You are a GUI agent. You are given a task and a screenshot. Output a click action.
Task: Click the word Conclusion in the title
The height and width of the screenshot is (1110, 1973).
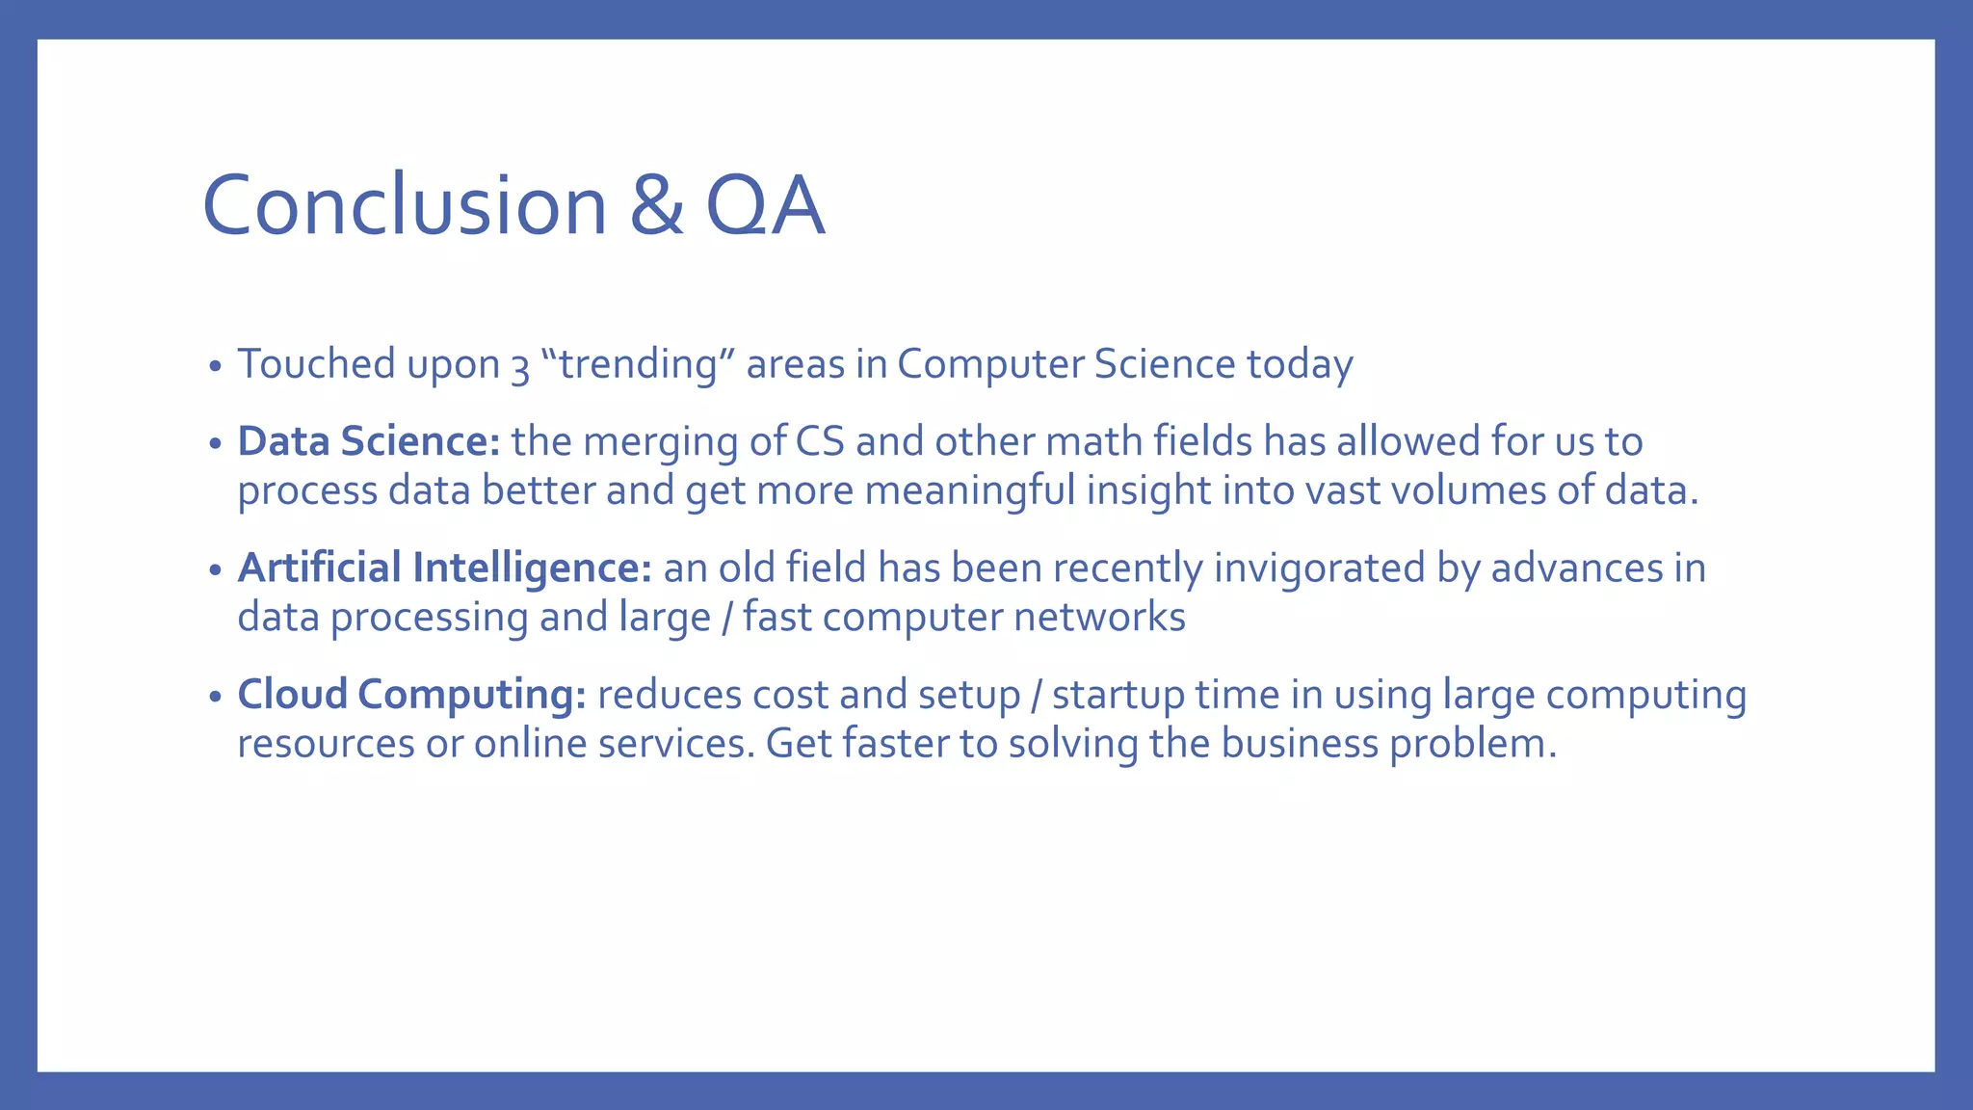pyautogui.click(x=404, y=205)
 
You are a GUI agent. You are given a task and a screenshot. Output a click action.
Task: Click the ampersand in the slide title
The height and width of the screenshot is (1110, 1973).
pyautogui.click(x=656, y=205)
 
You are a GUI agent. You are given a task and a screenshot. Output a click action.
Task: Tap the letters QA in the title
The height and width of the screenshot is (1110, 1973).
pyautogui.click(x=765, y=205)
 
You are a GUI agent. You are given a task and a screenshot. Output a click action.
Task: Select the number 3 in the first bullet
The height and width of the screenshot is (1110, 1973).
pyautogui.click(x=520, y=367)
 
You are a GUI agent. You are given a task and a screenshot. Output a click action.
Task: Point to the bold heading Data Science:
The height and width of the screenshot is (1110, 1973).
pyautogui.click(x=368, y=441)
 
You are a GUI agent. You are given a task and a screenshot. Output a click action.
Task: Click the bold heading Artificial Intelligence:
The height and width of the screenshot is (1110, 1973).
pyautogui.click(x=445, y=568)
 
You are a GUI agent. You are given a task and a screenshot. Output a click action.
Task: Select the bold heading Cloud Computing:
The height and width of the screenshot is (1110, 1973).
pyautogui.click(x=411, y=694)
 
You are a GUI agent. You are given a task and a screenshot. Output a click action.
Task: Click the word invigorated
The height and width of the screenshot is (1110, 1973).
pyautogui.click(x=1319, y=568)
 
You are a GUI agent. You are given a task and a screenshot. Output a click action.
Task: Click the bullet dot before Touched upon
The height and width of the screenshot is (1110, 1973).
pyautogui.click(x=216, y=367)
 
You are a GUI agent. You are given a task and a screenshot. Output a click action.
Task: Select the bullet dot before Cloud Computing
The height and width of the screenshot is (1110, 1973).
pyautogui.click(x=216, y=697)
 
